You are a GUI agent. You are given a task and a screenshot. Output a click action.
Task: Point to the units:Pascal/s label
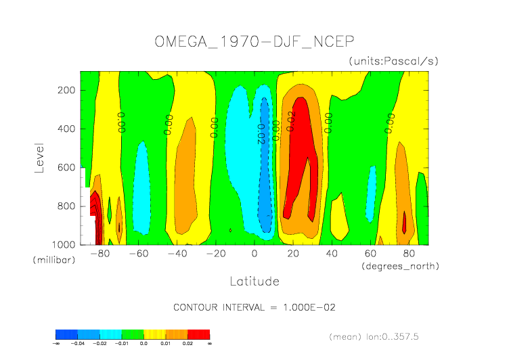click(x=394, y=61)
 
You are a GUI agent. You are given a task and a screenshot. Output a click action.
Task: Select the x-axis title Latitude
click(x=254, y=280)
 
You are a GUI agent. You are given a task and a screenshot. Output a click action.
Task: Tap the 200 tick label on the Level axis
click(x=66, y=100)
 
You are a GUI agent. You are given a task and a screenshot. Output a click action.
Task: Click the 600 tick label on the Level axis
click(x=66, y=186)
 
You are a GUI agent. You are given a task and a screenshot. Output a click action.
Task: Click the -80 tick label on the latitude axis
click(x=99, y=254)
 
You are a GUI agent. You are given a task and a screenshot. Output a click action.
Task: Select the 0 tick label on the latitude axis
click(x=255, y=254)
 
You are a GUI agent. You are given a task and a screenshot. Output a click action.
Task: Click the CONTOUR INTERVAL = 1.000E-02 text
click(x=255, y=307)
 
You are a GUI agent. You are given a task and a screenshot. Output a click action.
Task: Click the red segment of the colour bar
click(x=199, y=334)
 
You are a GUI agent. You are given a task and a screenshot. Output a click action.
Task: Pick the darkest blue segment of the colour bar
click(x=66, y=334)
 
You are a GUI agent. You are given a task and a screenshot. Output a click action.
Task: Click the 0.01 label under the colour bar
click(x=166, y=344)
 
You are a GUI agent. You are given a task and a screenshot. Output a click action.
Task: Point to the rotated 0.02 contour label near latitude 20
click(x=291, y=121)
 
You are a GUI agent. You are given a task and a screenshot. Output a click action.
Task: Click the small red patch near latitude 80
click(x=405, y=223)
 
